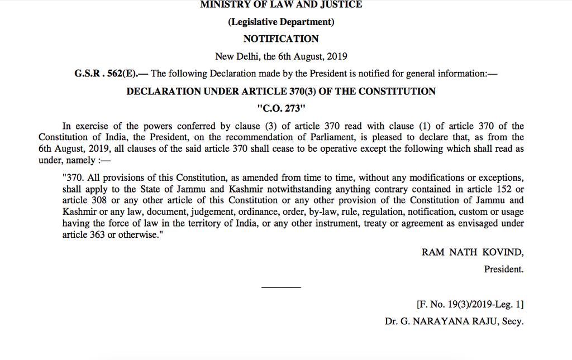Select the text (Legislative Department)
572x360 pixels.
tap(281, 22)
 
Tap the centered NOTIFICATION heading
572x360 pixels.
tap(281, 39)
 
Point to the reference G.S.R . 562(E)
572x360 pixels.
tap(106, 73)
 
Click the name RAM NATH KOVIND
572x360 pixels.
tap(473, 252)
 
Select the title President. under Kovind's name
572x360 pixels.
tap(504, 270)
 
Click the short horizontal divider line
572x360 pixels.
tap(281, 287)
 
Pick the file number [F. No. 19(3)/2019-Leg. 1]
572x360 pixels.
tap(470, 305)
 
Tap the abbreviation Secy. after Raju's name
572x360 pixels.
tap(513, 322)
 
